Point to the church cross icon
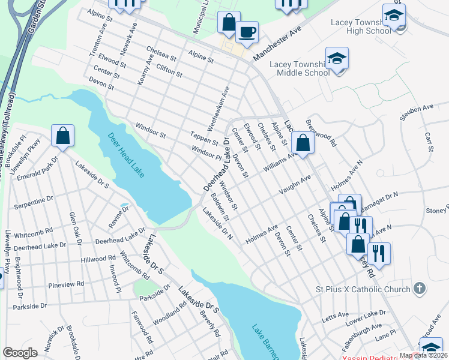pos(420,289)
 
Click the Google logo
pos(20,353)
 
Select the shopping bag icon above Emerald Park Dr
pos(62,136)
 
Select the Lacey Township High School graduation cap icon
pos(393,14)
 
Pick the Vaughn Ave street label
pos(294,183)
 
